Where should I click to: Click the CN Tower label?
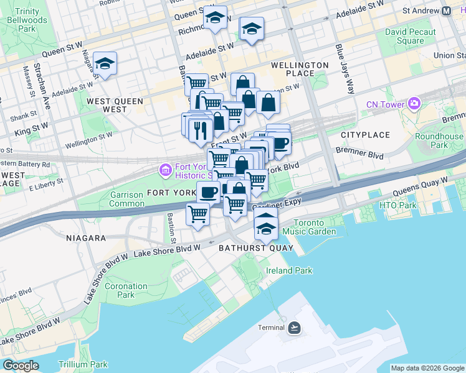click(x=385, y=104)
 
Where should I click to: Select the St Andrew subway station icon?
click(x=446, y=11)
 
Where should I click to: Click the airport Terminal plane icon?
click(x=295, y=328)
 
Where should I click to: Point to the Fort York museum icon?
click(x=165, y=169)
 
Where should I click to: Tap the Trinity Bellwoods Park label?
click(x=27, y=20)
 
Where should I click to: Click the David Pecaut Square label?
click(x=404, y=36)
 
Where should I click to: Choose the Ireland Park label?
click(x=289, y=270)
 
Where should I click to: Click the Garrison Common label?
click(x=127, y=199)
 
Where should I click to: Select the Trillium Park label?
click(x=83, y=365)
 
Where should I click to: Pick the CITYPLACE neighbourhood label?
click(x=365, y=135)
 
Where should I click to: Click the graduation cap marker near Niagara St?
click(x=105, y=63)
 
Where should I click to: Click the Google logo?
click(x=21, y=366)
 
